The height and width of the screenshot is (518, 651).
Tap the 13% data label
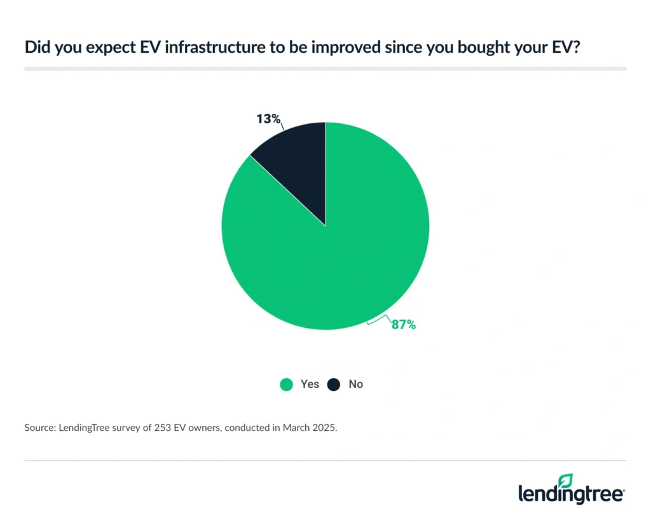[267, 119]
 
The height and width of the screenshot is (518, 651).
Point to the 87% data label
[402, 325]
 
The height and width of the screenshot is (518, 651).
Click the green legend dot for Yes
[286, 385]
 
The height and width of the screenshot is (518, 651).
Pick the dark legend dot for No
[334, 385]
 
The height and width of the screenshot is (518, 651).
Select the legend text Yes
[310, 385]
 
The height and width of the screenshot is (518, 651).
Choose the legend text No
[355, 385]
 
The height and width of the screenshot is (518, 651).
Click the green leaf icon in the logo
[565, 480]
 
